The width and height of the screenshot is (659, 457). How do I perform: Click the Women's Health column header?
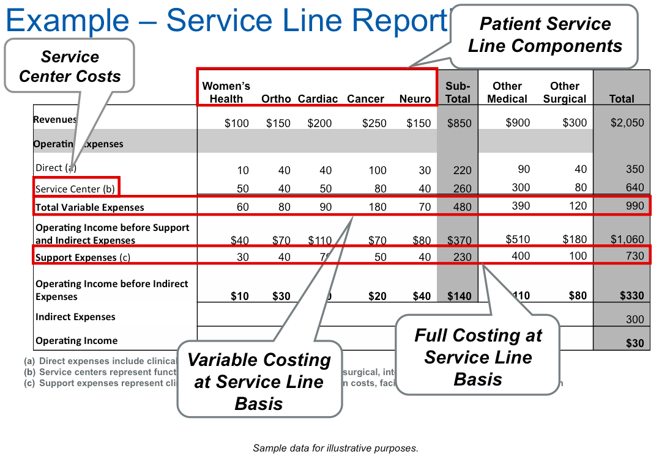(226, 92)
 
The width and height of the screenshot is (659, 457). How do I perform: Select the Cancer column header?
(365, 99)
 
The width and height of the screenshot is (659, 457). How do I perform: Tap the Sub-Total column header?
(458, 92)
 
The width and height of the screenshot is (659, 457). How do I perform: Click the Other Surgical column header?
(564, 92)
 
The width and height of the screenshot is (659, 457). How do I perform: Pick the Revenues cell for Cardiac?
(319, 123)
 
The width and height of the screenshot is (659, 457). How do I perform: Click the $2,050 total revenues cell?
(627, 123)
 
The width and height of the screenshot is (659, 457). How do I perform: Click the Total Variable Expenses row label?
(90, 207)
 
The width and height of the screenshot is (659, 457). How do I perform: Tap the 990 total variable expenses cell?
(635, 206)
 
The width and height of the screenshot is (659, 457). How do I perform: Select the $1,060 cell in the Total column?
(627, 239)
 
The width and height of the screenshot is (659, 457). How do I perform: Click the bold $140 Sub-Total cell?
(459, 296)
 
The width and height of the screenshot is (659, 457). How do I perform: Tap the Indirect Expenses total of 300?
(635, 319)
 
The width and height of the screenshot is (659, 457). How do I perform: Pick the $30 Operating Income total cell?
(635, 343)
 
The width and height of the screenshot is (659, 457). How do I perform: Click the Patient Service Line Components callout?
(545, 35)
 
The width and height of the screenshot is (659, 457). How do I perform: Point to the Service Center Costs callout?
(70, 66)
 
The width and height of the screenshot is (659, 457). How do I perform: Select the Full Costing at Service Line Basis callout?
(478, 357)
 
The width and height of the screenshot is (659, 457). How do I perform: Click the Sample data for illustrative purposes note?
(335, 448)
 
